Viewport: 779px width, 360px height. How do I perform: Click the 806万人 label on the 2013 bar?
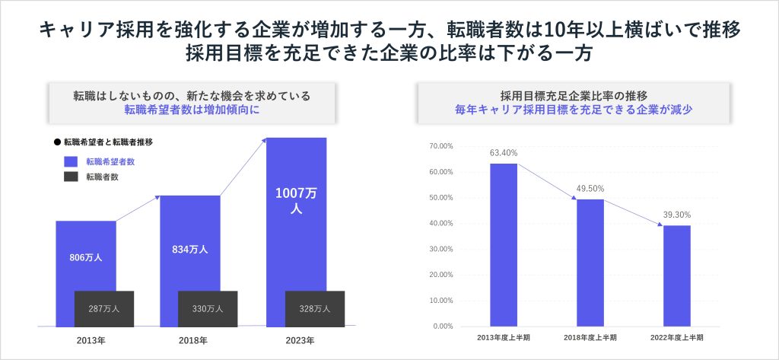(x=85, y=257)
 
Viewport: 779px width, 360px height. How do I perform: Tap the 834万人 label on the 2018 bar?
(x=190, y=249)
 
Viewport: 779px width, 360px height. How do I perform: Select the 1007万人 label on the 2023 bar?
(x=297, y=201)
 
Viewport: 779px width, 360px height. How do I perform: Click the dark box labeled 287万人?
(x=104, y=309)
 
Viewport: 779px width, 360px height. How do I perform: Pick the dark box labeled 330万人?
(x=207, y=309)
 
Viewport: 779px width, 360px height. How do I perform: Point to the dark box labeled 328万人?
(x=314, y=309)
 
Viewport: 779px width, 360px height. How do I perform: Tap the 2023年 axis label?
(x=297, y=339)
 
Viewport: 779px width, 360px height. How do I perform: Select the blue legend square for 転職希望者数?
(x=71, y=161)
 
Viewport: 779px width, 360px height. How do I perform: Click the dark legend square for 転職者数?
(x=71, y=177)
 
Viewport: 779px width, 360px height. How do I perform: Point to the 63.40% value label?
(x=504, y=153)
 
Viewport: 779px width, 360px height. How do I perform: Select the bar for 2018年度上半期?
(x=590, y=263)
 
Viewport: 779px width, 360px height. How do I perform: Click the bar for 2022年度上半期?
(x=677, y=276)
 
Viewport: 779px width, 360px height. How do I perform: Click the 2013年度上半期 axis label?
(x=503, y=337)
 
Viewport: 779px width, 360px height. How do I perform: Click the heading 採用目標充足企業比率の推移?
(x=574, y=96)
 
